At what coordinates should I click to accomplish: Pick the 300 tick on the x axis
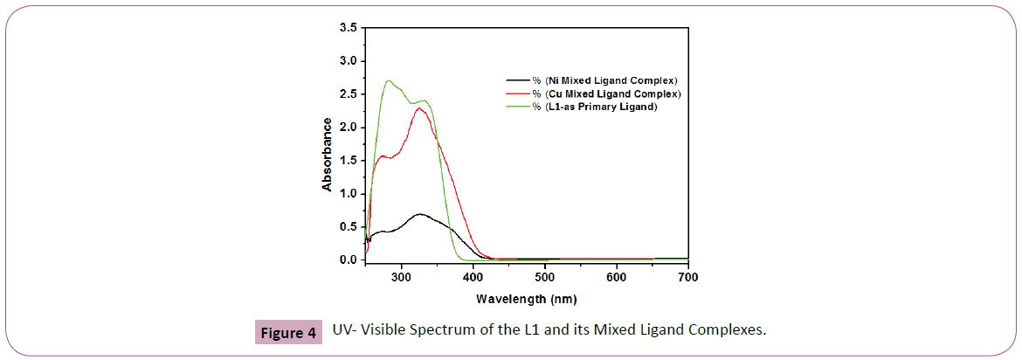[x=401, y=278]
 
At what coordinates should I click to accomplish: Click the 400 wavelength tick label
[x=473, y=278]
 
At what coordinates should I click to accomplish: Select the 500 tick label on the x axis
[x=544, y=278]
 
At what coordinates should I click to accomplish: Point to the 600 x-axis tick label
[x=617, y=278]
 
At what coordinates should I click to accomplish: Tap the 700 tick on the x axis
[x=688, y=278]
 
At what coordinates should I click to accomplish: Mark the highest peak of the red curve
[x=420, y=108]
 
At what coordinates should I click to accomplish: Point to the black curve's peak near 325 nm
[x=420, y=214]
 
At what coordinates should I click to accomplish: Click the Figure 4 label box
[x=287, y=333]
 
